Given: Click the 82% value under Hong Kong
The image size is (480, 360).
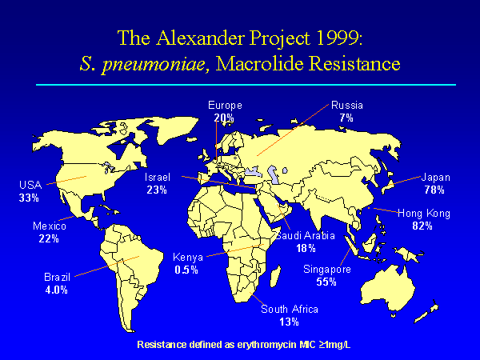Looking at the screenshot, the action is pos(422,226).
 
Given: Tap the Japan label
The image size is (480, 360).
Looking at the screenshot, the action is pos(436,178).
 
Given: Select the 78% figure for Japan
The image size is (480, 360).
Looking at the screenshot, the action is pos(434,190).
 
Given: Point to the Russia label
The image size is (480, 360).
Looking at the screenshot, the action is pos(347,106).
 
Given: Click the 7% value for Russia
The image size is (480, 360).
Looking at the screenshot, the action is pos(346,118).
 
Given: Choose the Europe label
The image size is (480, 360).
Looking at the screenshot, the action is pos(225,106).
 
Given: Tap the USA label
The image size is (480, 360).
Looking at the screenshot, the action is pos(30,185).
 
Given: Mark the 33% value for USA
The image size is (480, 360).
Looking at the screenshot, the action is pos(29,198).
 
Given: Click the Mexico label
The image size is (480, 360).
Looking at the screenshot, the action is pos(50,226).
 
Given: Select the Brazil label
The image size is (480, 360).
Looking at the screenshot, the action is pos(58,277).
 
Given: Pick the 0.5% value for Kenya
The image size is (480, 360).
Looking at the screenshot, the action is pos(186,270).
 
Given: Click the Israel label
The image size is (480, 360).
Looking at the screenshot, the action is pos(158,178).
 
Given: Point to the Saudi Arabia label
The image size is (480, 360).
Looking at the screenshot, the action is pos(306,235).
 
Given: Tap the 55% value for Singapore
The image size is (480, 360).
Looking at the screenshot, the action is pos(326,282).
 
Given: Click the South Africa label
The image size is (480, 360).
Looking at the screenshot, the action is pos(290,309).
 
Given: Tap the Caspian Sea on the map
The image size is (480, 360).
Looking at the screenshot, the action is pos(272,173).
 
